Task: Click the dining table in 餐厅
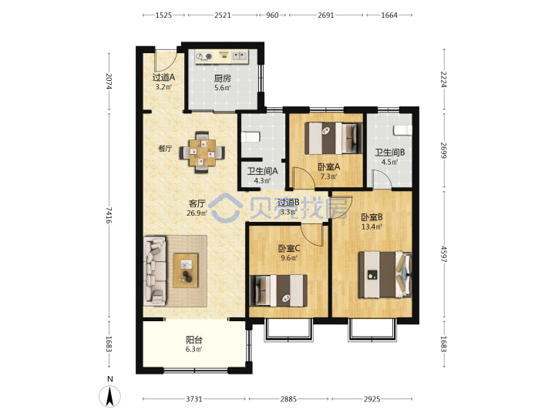(202, 153)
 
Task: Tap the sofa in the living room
(155, 271)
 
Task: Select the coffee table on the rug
(186, 270)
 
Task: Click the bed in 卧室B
(385, 274)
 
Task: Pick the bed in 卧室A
(334, 138)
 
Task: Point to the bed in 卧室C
(278, 290)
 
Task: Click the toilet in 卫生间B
(403, 130)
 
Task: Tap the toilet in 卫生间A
(251, 137)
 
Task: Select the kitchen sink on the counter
(240, 56)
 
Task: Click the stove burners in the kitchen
(204, 56)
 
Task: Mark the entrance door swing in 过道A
(165, 61)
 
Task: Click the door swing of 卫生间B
(382, 179)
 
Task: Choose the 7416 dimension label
(109, 215)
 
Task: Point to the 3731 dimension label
(194, 399)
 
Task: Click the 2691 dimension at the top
(325, 15)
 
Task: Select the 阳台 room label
(194, 340)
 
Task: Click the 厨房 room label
(222, 79)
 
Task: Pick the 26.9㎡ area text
(197, 213)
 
